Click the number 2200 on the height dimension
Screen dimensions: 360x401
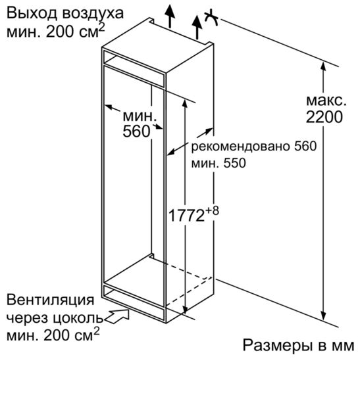click(324, 117)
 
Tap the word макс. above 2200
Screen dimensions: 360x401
click(326, 101)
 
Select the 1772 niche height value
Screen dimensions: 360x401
click(187, 216)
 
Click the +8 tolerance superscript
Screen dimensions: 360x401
click(213, 211)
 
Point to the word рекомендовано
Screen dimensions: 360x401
click(241, 147)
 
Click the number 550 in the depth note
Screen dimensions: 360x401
click(234, 163)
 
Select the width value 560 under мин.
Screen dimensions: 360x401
click(136, 131)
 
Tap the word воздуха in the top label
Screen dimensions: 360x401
click(93, 14)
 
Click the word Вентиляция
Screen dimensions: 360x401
click(51, 300)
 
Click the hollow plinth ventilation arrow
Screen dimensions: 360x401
click(116, 316)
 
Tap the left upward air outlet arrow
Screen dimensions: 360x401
click(170, 16)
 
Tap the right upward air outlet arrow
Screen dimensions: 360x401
click(197, 27)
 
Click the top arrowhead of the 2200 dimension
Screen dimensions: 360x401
click(323, 66)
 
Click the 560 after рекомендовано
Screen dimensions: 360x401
click(305, 146)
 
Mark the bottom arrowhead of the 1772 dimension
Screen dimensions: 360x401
click(185, 309)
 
